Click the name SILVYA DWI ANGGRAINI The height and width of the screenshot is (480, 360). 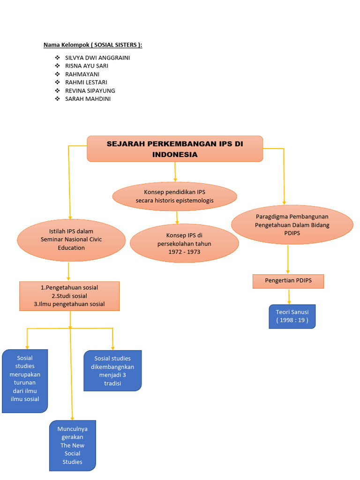tap(97, 58)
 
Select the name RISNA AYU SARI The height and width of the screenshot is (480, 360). tap(87, 66)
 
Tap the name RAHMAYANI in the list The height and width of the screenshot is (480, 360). tap(82, 74)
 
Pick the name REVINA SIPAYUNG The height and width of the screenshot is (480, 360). tap(90, 90)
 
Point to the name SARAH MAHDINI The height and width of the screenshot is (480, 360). tap(88, 99)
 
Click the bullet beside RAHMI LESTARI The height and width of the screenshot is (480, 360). tap(57, 82)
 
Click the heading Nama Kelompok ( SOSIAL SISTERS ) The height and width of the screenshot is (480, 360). tap(93, 45)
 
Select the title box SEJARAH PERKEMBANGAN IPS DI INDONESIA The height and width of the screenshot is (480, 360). tap(175, 149)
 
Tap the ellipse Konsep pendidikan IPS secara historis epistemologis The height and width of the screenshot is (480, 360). tap(175, 196)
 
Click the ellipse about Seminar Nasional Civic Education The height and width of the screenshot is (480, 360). tap(71, 240)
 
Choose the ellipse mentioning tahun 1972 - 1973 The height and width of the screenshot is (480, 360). tap(184, 244)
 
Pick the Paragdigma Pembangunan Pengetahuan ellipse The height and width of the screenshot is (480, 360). tap(292, 225)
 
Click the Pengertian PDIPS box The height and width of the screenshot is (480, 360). tap(288, 281)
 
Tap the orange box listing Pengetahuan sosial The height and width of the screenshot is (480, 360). tap(69, 296)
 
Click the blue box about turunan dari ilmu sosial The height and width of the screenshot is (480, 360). tap(25, 381)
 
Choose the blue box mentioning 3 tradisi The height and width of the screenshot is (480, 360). tap(112, 370)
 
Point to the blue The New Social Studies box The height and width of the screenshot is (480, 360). tap(72, 445)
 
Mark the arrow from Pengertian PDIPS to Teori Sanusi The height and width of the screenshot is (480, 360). tap(289, 296)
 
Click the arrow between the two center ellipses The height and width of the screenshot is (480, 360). tap(177, 217)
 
